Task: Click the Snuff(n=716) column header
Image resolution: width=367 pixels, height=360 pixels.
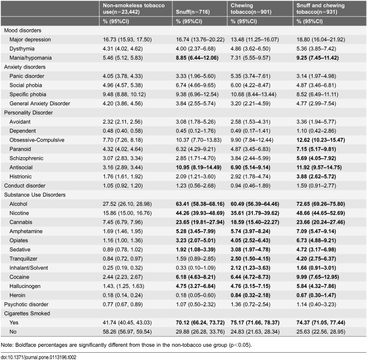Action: (x=193, y=12)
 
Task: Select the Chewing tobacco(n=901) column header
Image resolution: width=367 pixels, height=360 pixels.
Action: (x=251, y=9)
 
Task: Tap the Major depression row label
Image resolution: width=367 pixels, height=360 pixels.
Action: (x=30, y=40)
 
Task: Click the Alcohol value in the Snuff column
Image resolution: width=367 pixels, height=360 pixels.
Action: (x=200, y=204)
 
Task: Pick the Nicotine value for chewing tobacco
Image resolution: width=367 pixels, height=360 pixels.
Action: (x=255, y=213)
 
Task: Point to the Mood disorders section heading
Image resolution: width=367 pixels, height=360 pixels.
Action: (x=23, y=30)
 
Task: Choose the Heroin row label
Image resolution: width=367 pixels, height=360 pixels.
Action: (x=17, y=295)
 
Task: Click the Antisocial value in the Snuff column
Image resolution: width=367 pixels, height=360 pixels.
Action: (x=198, y=168)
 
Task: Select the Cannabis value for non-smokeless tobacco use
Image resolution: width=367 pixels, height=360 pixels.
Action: (x=122, y=222)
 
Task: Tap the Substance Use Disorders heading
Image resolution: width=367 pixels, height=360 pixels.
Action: (x=35, y=195)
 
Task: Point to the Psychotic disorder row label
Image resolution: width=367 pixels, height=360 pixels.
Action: (x=26, y=304)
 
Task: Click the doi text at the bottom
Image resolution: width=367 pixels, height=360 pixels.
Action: (x=38, y=357)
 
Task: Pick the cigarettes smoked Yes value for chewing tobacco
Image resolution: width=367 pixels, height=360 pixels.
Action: (x=255, y=323)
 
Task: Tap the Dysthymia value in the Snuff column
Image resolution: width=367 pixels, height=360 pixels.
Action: (x=196, y=48)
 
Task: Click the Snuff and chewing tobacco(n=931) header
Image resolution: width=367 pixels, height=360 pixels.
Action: (x=320, y=9)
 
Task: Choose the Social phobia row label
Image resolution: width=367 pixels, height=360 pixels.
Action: (x=26, y=85)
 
